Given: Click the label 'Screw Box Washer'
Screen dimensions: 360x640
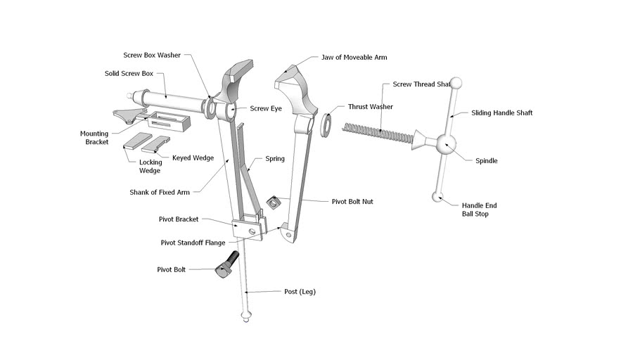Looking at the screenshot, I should click(x=152, y=55).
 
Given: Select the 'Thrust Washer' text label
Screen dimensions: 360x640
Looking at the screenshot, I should click(x=370, y=107).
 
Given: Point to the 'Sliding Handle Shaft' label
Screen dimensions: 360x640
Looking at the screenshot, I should click(x=501, y=112).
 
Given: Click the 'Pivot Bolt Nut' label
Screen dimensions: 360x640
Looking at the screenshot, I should click(x=352, y=201).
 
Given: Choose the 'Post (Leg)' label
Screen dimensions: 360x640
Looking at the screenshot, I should click(x=300, y=292).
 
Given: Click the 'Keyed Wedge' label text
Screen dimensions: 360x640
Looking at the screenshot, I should click(x=193, y=157).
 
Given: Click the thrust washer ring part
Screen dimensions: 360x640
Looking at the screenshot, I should click(x=328, y=124).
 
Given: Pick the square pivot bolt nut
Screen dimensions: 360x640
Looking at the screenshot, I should click(x=271, y=203).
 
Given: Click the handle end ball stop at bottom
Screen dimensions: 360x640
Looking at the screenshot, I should click(x=437, y=197).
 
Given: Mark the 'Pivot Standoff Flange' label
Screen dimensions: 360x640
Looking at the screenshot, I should click(x=193, y=243).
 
